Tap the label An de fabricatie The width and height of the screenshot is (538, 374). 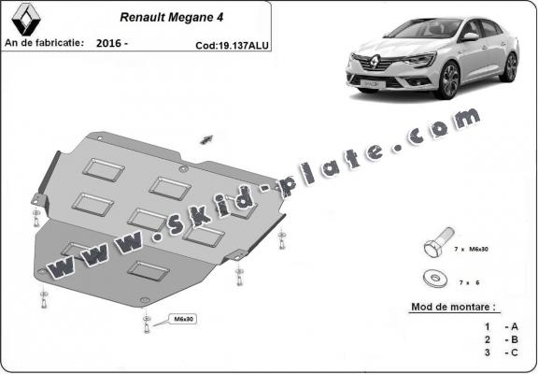pos(44,43)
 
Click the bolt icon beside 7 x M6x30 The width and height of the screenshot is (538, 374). pos(436,246)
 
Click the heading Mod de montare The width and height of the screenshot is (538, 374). pos(454,307)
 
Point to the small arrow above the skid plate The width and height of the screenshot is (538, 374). pos(205,139)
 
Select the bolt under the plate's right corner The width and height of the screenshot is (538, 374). pos(239,278)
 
